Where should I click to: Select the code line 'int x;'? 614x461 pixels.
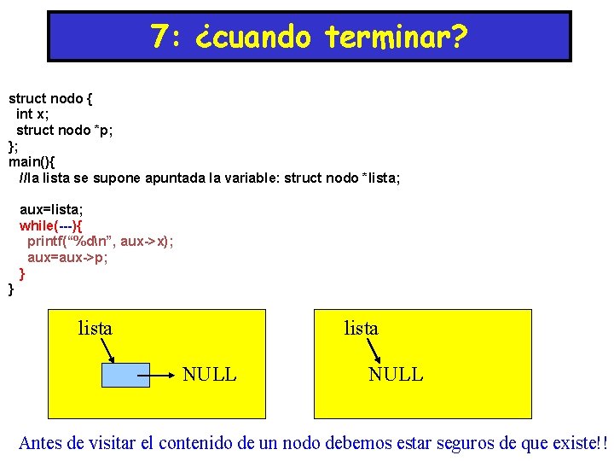coord(36,114)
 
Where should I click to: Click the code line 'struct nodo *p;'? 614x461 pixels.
coord(64,130)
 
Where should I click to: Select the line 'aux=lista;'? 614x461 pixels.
coord(51,209)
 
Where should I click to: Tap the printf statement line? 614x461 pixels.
coord(100,242)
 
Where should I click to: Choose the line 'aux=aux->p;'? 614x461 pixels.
coord(67,258)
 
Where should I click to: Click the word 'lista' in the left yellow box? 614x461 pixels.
coord(95,328)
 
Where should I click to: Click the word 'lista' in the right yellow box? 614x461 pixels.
coord(361,328)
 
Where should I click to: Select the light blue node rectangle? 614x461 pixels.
coord(125,375)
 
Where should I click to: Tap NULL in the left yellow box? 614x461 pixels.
coord(209,375)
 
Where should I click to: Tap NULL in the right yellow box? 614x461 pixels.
coord(395,375)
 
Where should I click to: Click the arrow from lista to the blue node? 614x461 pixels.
coord(107,349)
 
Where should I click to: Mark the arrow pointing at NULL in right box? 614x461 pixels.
coord(374,349)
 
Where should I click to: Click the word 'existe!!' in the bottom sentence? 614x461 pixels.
coord(577,443)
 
